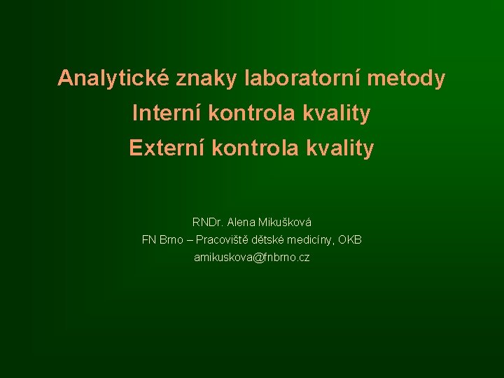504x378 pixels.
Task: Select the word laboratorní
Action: pos(302,79)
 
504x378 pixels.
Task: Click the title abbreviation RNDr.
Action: pos(207,223)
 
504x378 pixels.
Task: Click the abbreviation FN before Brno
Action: pos(148,240)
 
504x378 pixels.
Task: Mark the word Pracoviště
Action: pos(223,240)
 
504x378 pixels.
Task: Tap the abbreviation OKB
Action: pos(350,240)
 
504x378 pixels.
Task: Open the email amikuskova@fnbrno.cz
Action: pos(251,258)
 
